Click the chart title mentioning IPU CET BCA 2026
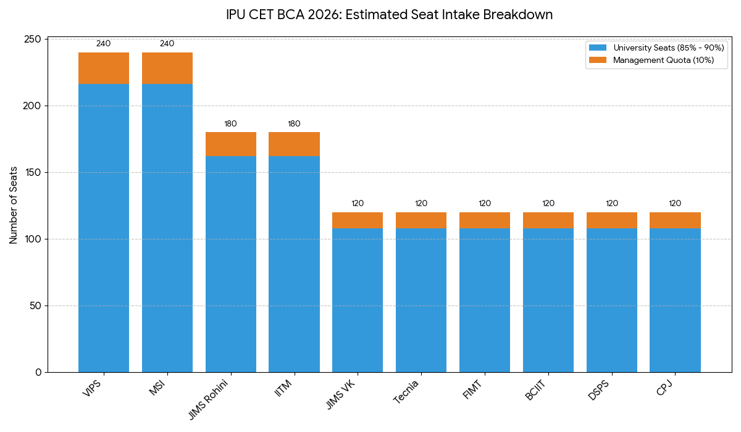coord(389,15)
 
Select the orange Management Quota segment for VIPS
coord(104,68)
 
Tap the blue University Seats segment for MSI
coord(167,228)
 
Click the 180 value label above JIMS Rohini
coord(230,124)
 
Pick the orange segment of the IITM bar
coord(294,144)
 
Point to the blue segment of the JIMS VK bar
coord(358,300)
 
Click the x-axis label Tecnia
coord(407,392)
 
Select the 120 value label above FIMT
coord(485,204)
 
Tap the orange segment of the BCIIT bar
coord(548,220)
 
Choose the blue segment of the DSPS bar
coord(612,300)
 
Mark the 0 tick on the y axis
coord(38,372)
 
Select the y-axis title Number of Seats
coord(14,206)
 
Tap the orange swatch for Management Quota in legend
coord(598,60)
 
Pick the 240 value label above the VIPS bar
coord(104,44)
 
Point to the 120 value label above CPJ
coord(675,204)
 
